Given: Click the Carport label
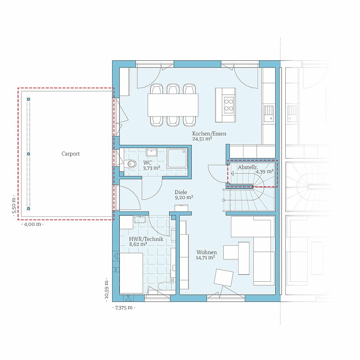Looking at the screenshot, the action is coord(71,154).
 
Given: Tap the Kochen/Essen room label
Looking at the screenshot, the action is coord(209,134).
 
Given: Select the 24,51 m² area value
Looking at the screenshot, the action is coord(202,139).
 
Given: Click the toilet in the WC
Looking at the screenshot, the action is coord(131,164).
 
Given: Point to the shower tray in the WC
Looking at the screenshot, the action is coord(177,158).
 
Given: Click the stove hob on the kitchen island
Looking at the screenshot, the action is coord(229,104).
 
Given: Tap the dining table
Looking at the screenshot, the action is coord(173,105).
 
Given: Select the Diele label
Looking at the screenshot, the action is coord(181,192).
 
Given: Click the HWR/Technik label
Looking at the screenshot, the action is coord(146,239).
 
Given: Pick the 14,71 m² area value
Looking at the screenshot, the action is coord(206,257).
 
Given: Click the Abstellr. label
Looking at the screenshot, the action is coord(248,167).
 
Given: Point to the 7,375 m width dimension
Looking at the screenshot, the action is coord(124,308).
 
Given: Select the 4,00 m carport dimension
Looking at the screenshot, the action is coord(32,224).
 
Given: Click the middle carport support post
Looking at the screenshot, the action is coord(28,154).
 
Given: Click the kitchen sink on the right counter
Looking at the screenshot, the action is coord(269,113).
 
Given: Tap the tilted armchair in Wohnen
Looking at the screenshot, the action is coord(223,278).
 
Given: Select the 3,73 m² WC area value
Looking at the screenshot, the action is coord(152,168).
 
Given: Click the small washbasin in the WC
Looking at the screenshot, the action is coord(152,152).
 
